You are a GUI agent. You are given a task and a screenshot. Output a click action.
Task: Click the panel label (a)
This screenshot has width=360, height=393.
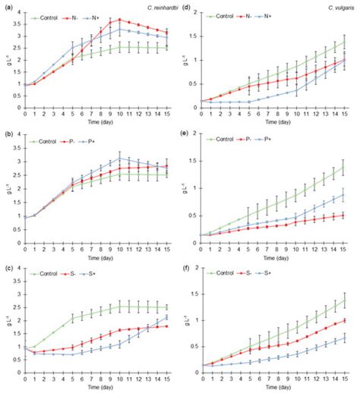tap(7, 6)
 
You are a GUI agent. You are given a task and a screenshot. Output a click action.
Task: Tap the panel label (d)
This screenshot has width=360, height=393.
tap(189, 6)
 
